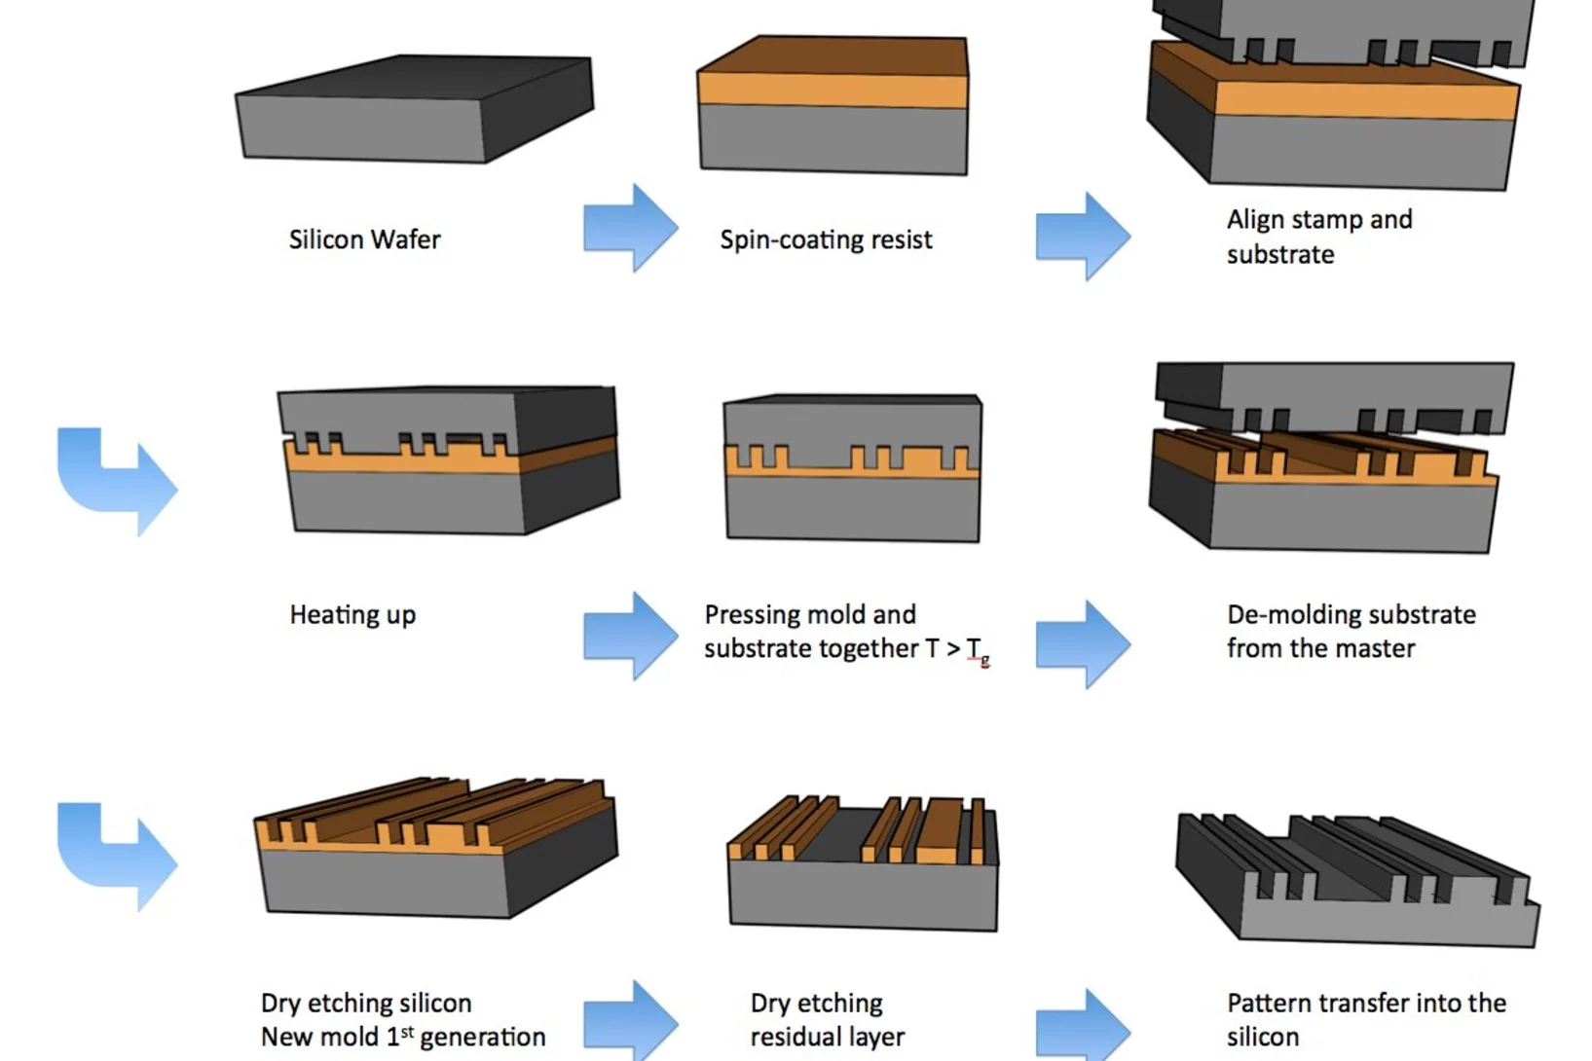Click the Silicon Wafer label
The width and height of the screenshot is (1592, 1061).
[x=364, y=239]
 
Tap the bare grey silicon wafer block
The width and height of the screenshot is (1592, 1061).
[x=414, y=112]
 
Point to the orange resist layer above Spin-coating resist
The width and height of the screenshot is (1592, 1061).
[x=833, y=90]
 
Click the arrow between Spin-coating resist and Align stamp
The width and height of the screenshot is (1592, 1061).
[x=1082, y=237]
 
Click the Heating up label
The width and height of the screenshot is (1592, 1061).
[x=352, y=615]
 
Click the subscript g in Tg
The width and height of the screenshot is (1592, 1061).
[x=985, y=661]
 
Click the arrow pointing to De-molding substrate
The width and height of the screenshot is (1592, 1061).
[x=1082, y=644]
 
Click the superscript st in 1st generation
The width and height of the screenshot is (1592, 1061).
[x=407, y=1030]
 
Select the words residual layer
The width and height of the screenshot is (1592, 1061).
[x=827, y=1038]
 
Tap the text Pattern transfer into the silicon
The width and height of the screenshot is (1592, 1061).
[x=1365, y=1019]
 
